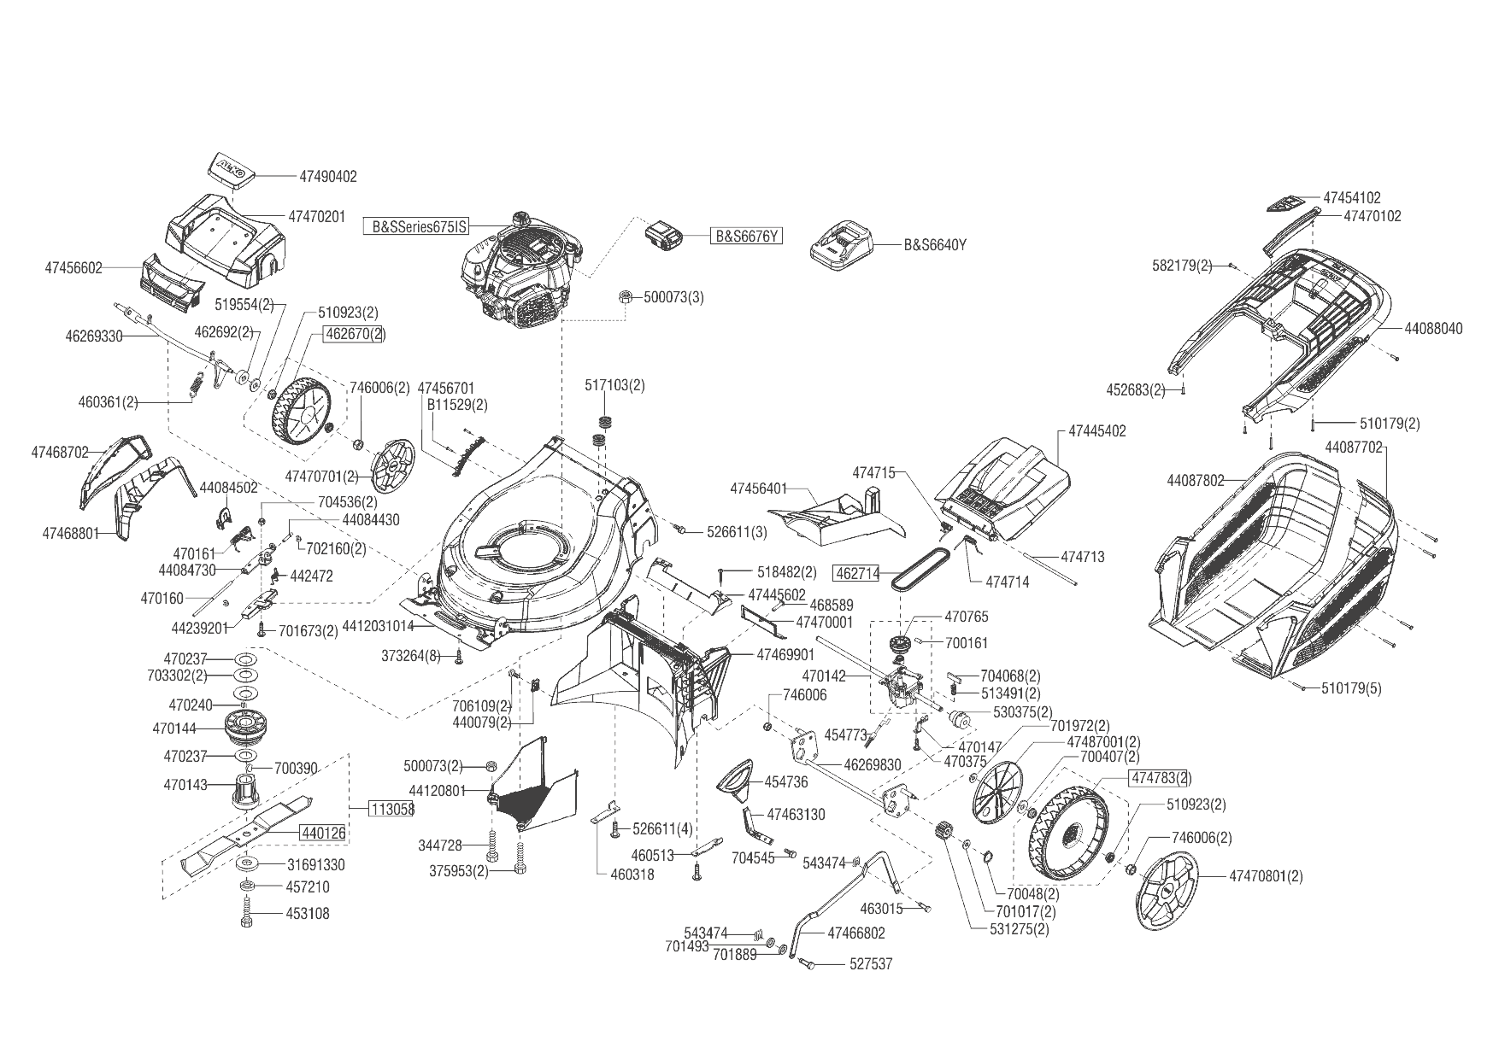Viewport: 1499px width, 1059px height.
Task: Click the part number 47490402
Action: [328, 177]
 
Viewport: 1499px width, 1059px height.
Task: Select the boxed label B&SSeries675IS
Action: [418, 227]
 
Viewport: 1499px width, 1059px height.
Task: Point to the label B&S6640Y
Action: [935, 244]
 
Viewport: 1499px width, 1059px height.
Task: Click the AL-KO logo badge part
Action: [230, 168]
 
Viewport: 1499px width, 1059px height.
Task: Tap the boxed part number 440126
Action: [322, 831]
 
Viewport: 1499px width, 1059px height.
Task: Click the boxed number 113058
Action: [391, 809]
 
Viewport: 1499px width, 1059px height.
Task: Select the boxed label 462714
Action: [856, 574]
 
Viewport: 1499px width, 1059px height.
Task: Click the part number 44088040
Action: [1433, 328]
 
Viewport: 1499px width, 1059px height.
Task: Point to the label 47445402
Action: [1097, 431]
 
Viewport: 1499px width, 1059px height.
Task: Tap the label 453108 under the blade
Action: [307, 914]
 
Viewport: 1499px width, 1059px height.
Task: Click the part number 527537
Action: [871, 964]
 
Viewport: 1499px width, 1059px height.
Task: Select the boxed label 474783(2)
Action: [1160, 778]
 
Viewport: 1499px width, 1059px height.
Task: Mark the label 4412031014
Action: [378, 626]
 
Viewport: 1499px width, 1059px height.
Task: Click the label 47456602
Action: [73, 268]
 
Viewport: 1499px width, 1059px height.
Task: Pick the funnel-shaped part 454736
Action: [742, 777]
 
